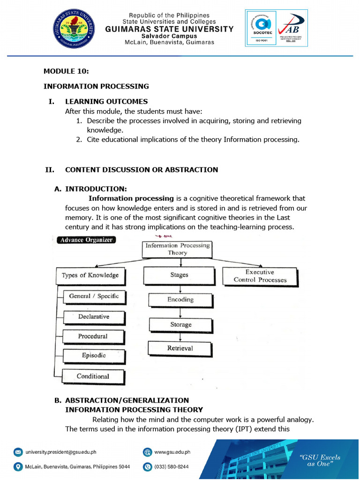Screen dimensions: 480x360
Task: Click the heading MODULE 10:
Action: (66, 71)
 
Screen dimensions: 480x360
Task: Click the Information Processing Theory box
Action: (178, 249)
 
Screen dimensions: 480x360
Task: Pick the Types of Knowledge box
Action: (90, 276)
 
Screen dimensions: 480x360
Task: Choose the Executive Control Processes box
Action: (260, 276)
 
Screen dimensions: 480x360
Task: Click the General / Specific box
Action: (94, 296)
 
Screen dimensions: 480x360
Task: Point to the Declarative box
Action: (94, 317)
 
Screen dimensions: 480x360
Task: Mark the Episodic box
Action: (94, 356)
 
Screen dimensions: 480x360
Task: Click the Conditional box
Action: (93, 376)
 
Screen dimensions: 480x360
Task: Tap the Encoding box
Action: (180, 300)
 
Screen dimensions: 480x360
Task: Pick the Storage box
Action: (180, 324)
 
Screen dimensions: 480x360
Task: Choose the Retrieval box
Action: (180, 348)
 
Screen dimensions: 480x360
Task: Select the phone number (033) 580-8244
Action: (172, 467)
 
